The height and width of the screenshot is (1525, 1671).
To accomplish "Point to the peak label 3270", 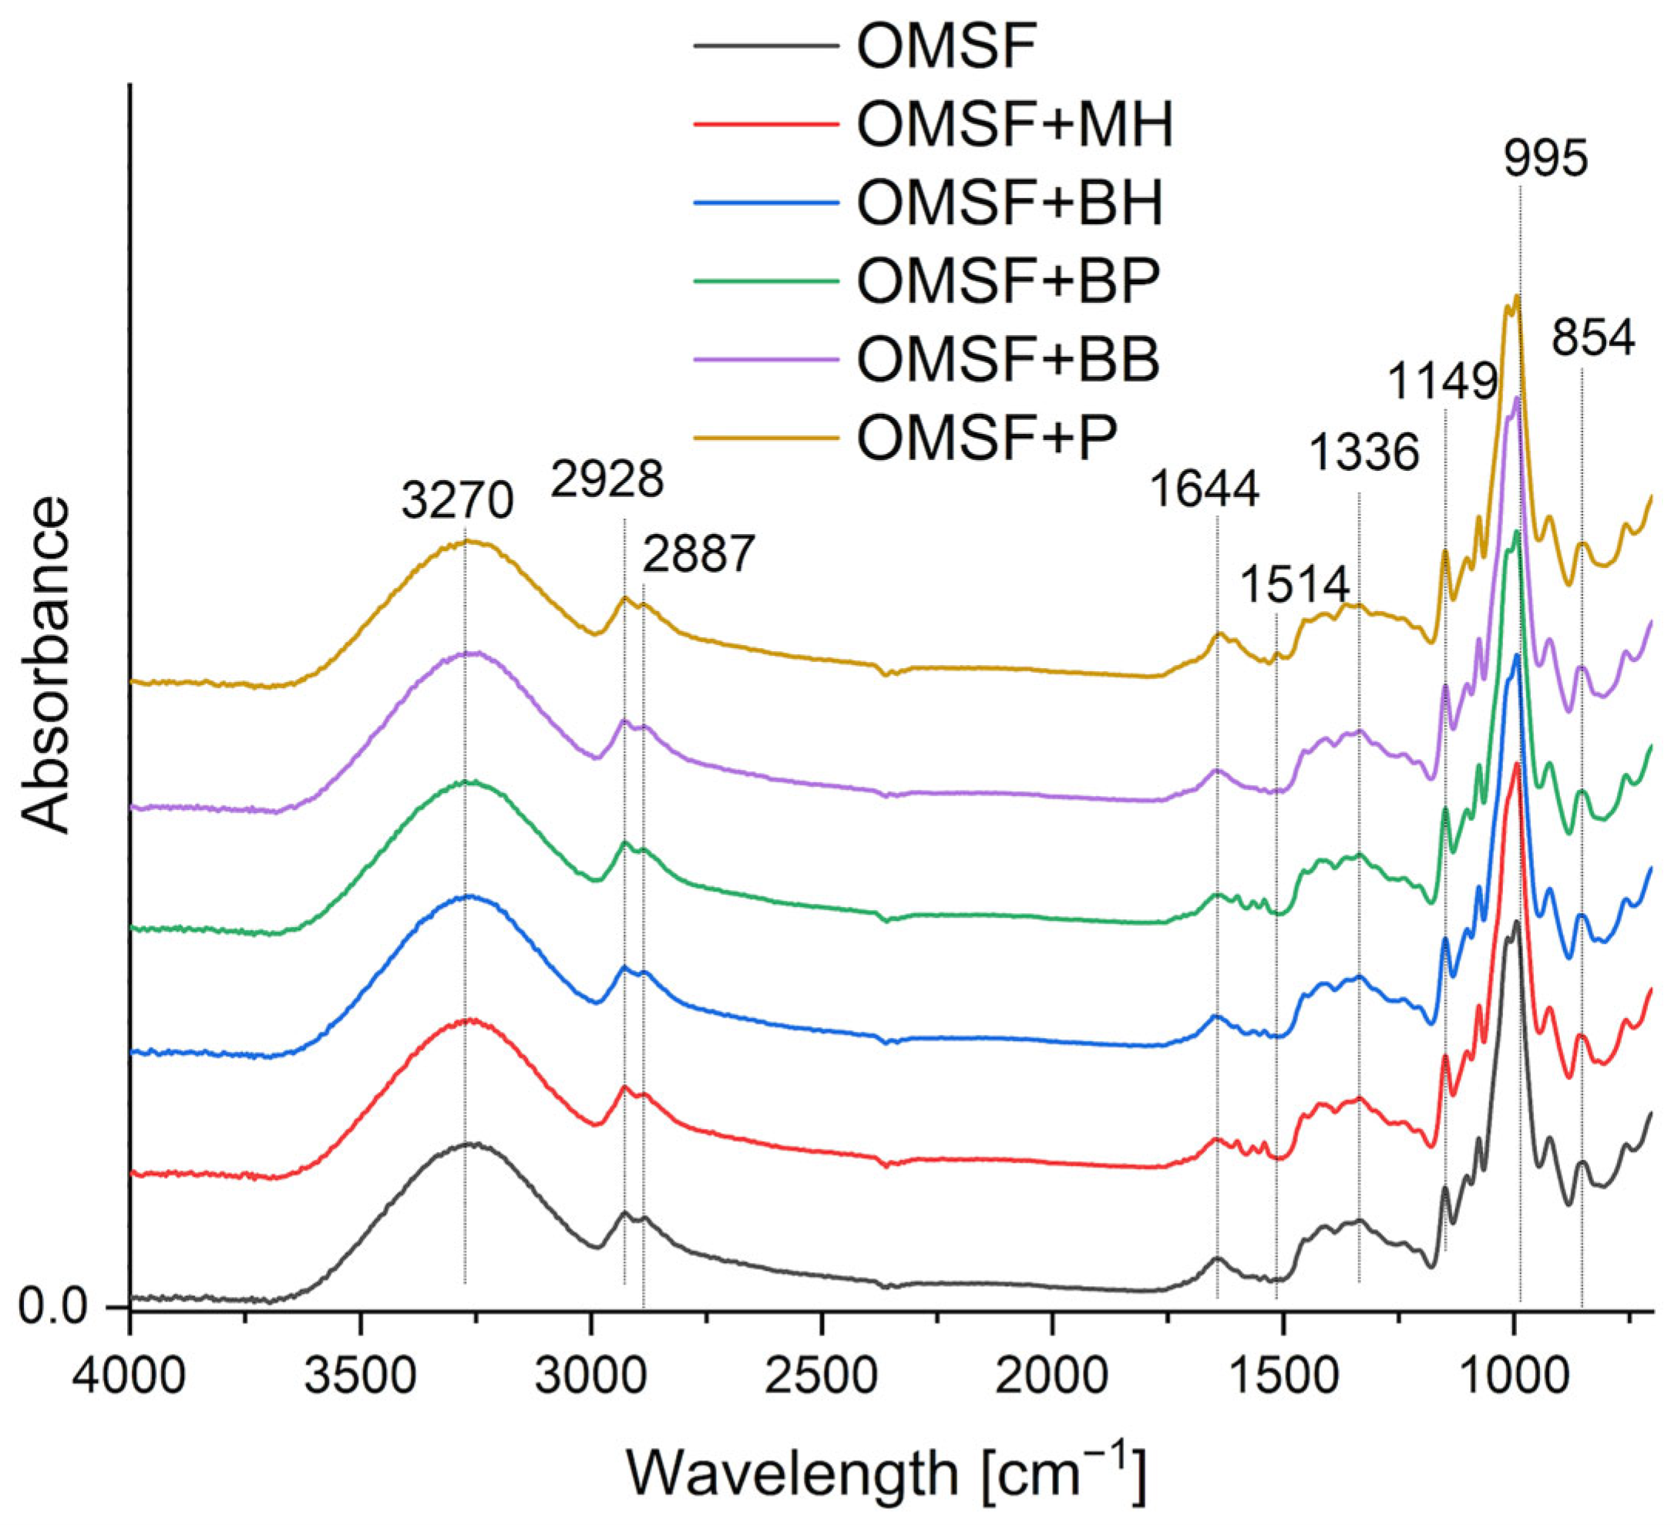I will coord(459,502).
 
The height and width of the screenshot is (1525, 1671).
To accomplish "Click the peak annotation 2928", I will coord(607,479).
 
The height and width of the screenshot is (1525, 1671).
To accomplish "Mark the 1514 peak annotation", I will coord(1296,585).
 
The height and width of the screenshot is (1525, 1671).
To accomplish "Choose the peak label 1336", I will coord(1364,453).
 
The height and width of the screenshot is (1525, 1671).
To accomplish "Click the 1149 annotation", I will coord(1443,382).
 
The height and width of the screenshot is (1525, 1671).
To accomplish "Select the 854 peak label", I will coord(1593,338).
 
